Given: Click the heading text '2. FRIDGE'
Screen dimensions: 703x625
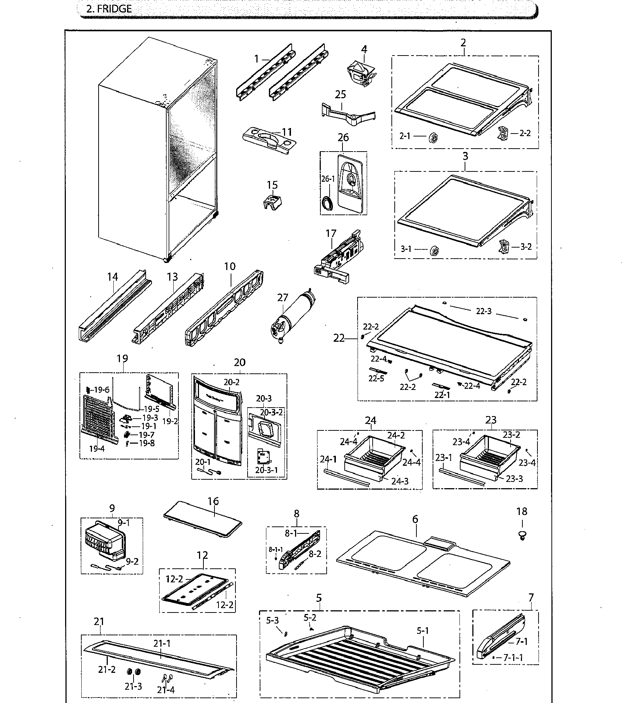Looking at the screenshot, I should (x=109, y=9).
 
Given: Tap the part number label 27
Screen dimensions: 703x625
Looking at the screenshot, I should (x=283, y=297).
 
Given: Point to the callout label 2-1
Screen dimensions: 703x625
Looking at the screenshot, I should (x=405, y=136).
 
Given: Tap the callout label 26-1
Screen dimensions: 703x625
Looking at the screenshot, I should (x=328, y=179).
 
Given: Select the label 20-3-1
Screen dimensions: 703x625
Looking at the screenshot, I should (x=266, y=470).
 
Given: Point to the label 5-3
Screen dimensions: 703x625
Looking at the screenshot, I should (x=273, y=620).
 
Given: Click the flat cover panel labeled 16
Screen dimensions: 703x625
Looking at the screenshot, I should (x=203, y=521).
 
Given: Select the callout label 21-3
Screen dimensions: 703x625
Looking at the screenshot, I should (x=133, y=686).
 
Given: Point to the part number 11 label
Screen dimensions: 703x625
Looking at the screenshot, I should (x=287, y=132).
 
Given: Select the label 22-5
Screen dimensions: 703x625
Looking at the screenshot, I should (x=377, y=378).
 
